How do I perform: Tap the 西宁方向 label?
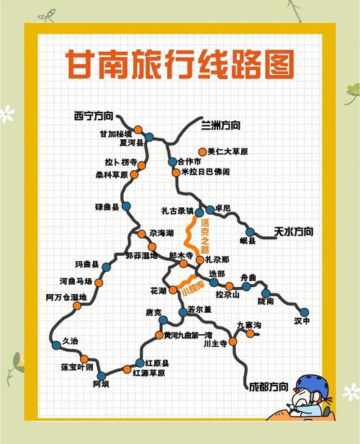click(x=94, y=115)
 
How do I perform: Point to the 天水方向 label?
click(x=294, y=231)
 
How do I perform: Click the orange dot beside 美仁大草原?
click(x=202, y=152)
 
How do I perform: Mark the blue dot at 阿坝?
click(x=101, y=376)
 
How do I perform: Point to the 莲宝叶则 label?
click(x=76, y=367)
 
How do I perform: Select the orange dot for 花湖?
click(x=173, y=290)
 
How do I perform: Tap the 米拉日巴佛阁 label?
click(x=206, y=172)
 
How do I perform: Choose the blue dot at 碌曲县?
click(x=127, y=206)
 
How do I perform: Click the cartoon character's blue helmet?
click(x=310, y=384)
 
